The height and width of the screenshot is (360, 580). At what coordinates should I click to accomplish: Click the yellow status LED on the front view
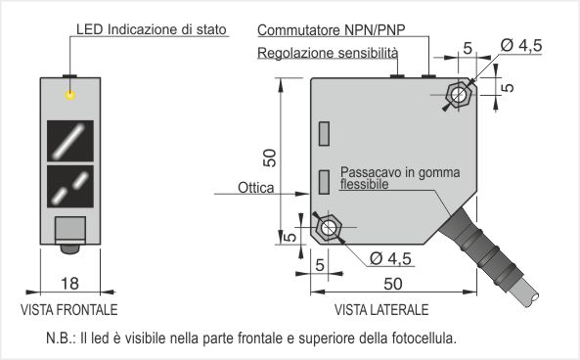(x=70, y=95)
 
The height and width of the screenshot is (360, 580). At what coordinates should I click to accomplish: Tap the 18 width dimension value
(x=69, y=284)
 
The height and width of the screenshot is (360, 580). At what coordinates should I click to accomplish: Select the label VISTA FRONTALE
(x=69, y=310)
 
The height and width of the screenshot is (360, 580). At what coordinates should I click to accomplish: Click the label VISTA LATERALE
(x=381, y=310)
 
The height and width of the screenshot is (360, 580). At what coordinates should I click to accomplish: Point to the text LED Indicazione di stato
(x=152, y=29)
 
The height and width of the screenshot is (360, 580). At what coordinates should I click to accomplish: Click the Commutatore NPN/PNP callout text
(x=332, y=30)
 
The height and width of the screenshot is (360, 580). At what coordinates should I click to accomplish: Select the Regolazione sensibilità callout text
(x=328, y=53)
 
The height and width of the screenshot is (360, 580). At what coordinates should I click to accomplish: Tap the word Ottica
(x=255, y=188)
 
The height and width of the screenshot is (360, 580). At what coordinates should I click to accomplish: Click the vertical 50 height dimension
(x=270, y=157)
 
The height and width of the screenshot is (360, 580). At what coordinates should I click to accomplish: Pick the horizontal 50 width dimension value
(x=393, y=284)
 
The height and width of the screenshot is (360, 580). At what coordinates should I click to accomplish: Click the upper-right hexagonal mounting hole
(x=459, y=94)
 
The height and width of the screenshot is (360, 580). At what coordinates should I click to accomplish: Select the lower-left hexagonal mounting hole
(x=328, y=227)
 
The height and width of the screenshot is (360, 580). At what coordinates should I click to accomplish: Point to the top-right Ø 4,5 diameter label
(x=521, y=45)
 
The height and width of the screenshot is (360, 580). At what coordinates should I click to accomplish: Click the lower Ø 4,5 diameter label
(x=390, y=258)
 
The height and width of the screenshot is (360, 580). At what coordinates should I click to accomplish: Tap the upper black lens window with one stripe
(x=70, y=141)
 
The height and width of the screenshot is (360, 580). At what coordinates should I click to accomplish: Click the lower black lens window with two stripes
(x=70, y=187)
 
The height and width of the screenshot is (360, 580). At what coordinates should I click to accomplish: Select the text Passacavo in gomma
(x=400, y=172)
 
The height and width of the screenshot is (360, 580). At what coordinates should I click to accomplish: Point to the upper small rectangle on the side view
(x=324, y=134)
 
